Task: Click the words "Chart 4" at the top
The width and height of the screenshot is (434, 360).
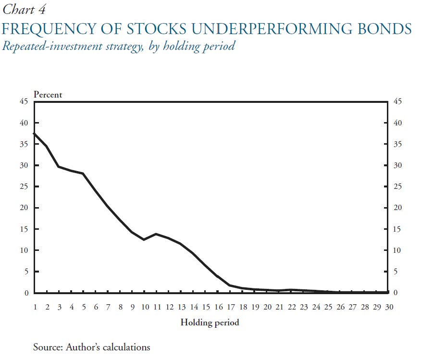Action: coord(24,9)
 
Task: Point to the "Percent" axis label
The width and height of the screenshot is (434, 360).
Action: coord(48,95)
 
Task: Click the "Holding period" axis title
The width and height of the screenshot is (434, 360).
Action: coord(210,323)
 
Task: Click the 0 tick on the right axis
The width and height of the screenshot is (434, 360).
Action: coord(395,293)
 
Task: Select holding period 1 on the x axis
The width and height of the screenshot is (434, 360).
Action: coord(35,307)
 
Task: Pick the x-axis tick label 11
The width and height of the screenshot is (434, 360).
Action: coord(157,307)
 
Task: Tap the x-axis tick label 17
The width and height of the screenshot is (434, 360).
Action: coord(230,307)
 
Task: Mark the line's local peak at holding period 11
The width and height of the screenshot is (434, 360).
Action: coord(156,234)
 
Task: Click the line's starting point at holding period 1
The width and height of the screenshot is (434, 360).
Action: coord(34,133)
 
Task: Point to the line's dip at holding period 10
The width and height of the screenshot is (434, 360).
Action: coord(144,239)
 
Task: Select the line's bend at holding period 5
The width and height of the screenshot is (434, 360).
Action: coord(83,174)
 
